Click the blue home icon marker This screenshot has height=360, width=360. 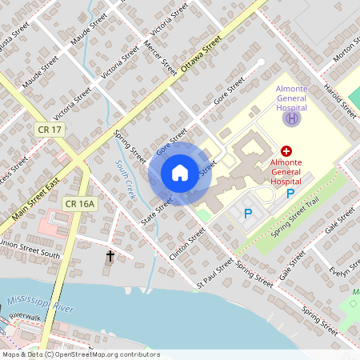coord(180,173)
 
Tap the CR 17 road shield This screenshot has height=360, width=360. coord(49,129)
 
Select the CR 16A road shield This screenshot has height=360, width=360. coord(80,204)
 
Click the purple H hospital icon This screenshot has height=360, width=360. coord(292,118)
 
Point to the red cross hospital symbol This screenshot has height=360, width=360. coord(286,150)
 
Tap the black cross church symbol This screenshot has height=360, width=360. coord(110,257)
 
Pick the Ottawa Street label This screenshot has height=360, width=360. coord(200,57)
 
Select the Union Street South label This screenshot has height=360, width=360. coord(30,249)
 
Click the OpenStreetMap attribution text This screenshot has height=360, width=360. coord(80,354)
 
